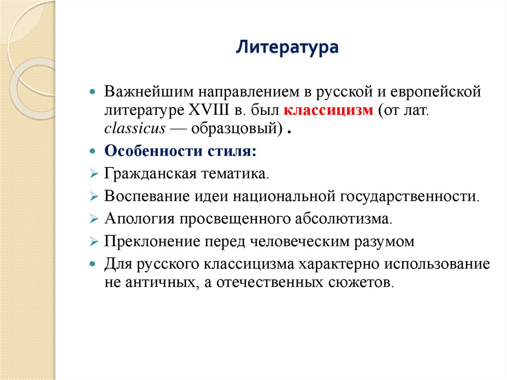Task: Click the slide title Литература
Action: tap(287, 48)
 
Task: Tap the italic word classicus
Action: tap(135, 128)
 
